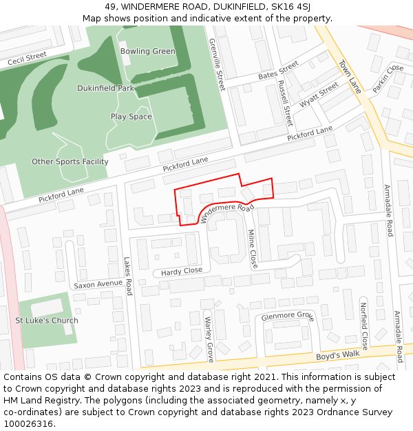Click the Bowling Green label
[x=148, y=52]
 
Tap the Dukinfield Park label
[x=105, y=89]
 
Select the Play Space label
[x=131, y=117]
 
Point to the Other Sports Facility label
[x=70, y=162]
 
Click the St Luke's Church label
[x=47, y=321]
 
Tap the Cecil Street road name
[x=28, y=59]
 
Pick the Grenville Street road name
[x=217, y=64]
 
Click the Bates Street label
[x=278, y=70]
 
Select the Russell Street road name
[x=285, y=101]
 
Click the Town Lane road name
[x=350, y=76]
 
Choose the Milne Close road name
[x=252, y=249]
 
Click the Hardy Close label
[x=182, y=271]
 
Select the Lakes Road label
[x=127, y=277]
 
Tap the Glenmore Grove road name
[x=286, y=317]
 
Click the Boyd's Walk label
[x=338, y=355]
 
